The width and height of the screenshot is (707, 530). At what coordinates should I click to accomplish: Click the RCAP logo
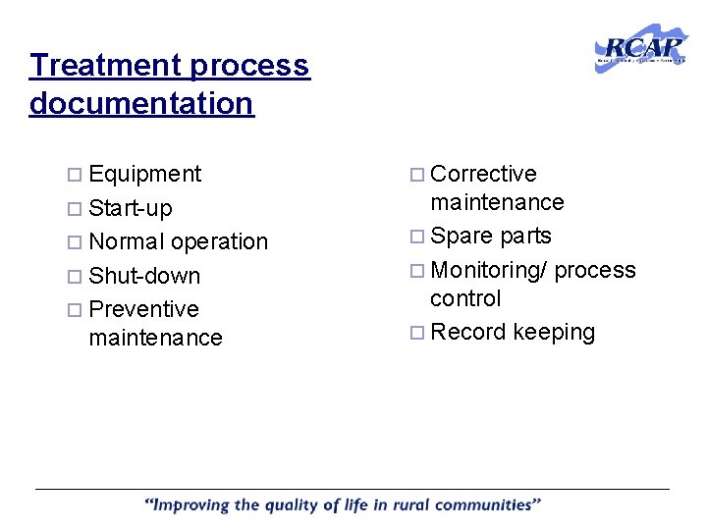(x=641, y=47)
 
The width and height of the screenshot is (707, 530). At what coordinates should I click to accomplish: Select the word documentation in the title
(x=141, y=103)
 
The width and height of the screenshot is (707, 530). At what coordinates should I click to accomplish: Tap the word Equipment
(x=144, y=175)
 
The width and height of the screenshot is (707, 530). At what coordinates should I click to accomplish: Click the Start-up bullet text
(x=130, y=208)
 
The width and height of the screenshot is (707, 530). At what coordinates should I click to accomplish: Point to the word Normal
(x=126, y=241)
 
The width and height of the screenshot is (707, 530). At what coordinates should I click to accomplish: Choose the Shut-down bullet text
(x=143, y=276)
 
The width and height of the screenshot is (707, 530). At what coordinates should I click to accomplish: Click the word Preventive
(x=143, y=309)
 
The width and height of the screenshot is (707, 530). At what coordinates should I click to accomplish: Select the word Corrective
(x=483, y=175)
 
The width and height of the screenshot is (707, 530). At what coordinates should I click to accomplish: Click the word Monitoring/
(x=489, y=270)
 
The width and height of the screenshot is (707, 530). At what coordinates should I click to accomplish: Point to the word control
(x=465, y=298)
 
